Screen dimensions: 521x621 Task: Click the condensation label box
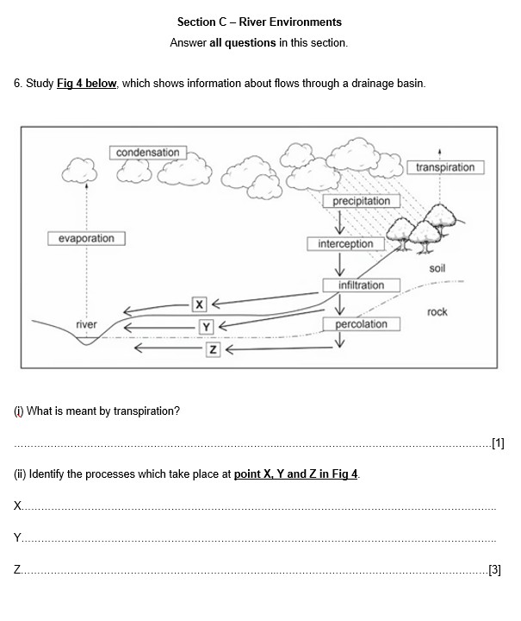point(148,153)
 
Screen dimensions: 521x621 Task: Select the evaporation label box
point(86,238)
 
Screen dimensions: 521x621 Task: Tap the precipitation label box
point(362,201)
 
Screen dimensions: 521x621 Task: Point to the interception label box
point(346,244)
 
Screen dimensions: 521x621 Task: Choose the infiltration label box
point(362,285)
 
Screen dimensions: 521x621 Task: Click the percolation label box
point(362,324)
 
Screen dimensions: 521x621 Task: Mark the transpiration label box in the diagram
point(445,167)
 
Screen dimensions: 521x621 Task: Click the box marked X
point(199,304)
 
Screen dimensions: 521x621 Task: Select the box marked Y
point(206,327)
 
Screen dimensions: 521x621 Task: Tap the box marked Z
point(213,349)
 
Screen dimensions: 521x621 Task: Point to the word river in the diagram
point(86,324)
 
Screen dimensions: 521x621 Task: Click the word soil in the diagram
point(437,268)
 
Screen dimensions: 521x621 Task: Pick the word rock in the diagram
point(437,312)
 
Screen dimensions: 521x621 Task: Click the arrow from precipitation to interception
point(339,223)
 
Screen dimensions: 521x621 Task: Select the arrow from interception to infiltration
point(339,264)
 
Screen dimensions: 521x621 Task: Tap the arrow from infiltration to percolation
point(339,304)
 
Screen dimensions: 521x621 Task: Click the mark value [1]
point(498,442)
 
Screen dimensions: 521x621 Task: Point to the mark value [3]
point(495,569)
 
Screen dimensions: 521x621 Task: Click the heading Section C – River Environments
point(259,22)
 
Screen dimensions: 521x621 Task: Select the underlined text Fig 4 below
point(87,83)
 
